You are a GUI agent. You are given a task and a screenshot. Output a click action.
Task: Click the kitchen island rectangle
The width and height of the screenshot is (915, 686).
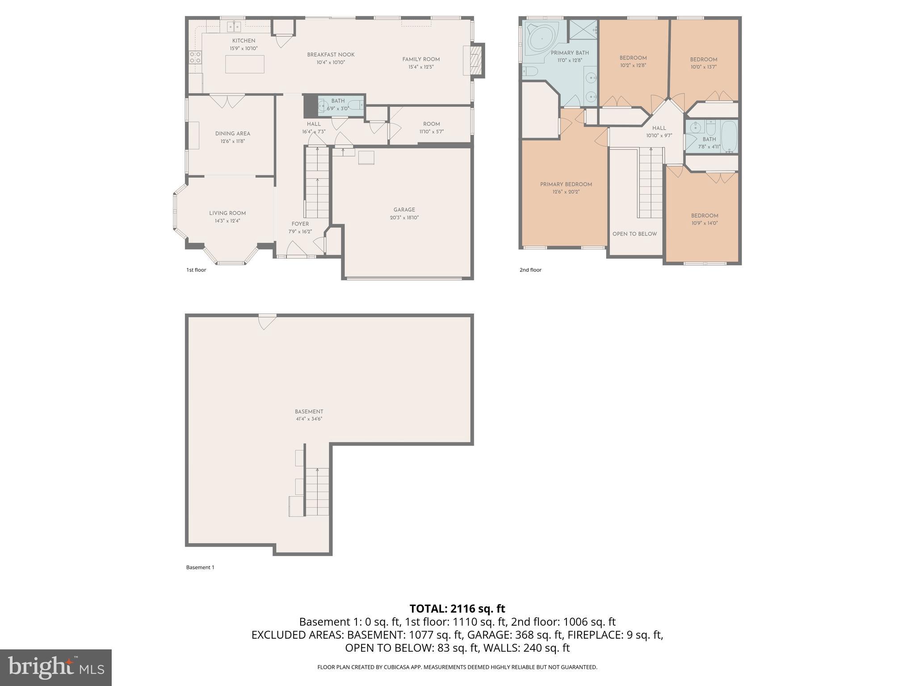coord(244,64)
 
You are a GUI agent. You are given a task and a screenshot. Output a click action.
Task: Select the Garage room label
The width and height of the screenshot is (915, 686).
coord(404,210)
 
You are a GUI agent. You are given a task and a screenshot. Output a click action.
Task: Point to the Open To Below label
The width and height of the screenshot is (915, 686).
coord(634,234)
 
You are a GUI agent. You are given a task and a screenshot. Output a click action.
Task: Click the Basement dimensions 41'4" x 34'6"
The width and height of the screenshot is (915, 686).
coord(308,419)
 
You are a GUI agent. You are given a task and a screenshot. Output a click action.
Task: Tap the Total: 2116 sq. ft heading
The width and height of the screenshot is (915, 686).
coord(457,609)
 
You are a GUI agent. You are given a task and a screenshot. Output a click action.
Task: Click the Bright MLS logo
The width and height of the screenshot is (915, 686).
coord(55,667)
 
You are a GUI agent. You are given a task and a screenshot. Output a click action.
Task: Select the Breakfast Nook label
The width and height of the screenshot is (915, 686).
coord(331,55)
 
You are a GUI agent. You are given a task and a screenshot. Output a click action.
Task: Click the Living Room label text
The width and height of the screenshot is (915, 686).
coord(227,213)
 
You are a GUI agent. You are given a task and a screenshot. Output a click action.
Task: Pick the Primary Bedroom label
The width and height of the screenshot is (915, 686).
coord(566,184)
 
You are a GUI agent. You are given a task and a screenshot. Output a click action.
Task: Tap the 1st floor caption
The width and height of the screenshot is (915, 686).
coord(196,270)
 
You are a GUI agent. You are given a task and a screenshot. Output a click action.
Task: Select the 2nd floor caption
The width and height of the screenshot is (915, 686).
coord(530,270)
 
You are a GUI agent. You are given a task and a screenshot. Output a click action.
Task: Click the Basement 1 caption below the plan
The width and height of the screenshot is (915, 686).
coord(200,567)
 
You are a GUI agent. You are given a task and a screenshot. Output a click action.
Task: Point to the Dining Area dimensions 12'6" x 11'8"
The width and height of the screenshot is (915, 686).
coord(232,142)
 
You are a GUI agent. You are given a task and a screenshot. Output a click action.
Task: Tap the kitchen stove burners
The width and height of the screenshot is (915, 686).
coord(195,57)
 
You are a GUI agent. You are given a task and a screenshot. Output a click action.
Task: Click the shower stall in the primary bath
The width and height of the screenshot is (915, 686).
coord(583,29)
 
